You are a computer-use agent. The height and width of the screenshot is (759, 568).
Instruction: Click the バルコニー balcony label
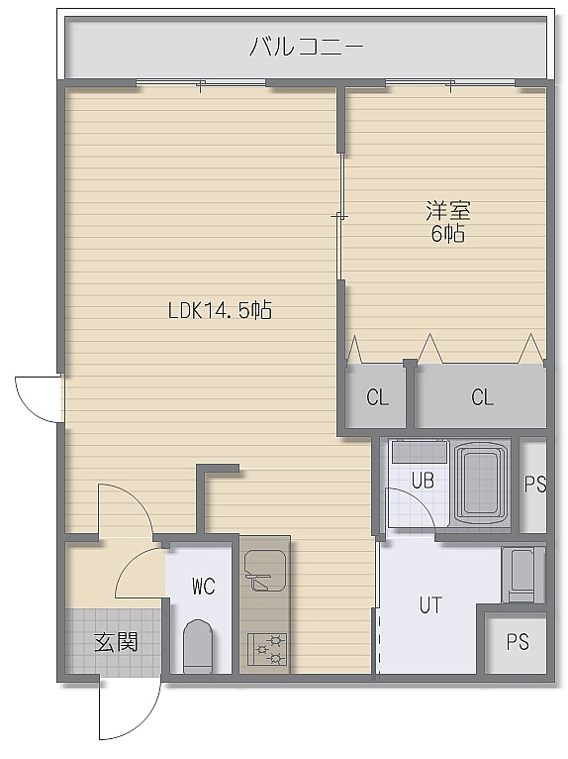(306, 47)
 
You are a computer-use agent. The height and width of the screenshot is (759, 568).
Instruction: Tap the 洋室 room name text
(448, 211)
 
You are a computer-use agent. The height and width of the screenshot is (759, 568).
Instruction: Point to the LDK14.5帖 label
(220, 310)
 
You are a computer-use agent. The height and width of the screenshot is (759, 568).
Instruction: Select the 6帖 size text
(448, 234)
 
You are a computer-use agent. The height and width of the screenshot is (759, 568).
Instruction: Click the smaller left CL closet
(376, 396)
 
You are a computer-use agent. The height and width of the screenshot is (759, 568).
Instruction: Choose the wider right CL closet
(480, 396)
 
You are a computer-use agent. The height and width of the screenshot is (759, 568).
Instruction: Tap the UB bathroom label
(423, 481)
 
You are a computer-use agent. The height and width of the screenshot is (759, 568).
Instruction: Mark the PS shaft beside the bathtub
(533, 485)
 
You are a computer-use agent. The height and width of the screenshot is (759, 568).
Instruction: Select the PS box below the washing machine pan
(517, 642)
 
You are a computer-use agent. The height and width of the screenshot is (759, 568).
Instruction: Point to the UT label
(430, 605)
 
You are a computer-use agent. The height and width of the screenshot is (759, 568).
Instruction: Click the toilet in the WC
(199, 646)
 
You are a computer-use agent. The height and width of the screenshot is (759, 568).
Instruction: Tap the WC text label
(204, 587)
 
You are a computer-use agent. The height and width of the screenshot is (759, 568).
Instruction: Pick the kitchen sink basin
(265, 570)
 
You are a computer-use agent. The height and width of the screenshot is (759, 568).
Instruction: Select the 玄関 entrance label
(116, 642)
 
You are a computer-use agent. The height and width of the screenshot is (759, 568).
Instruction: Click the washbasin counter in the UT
(523, 575)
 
